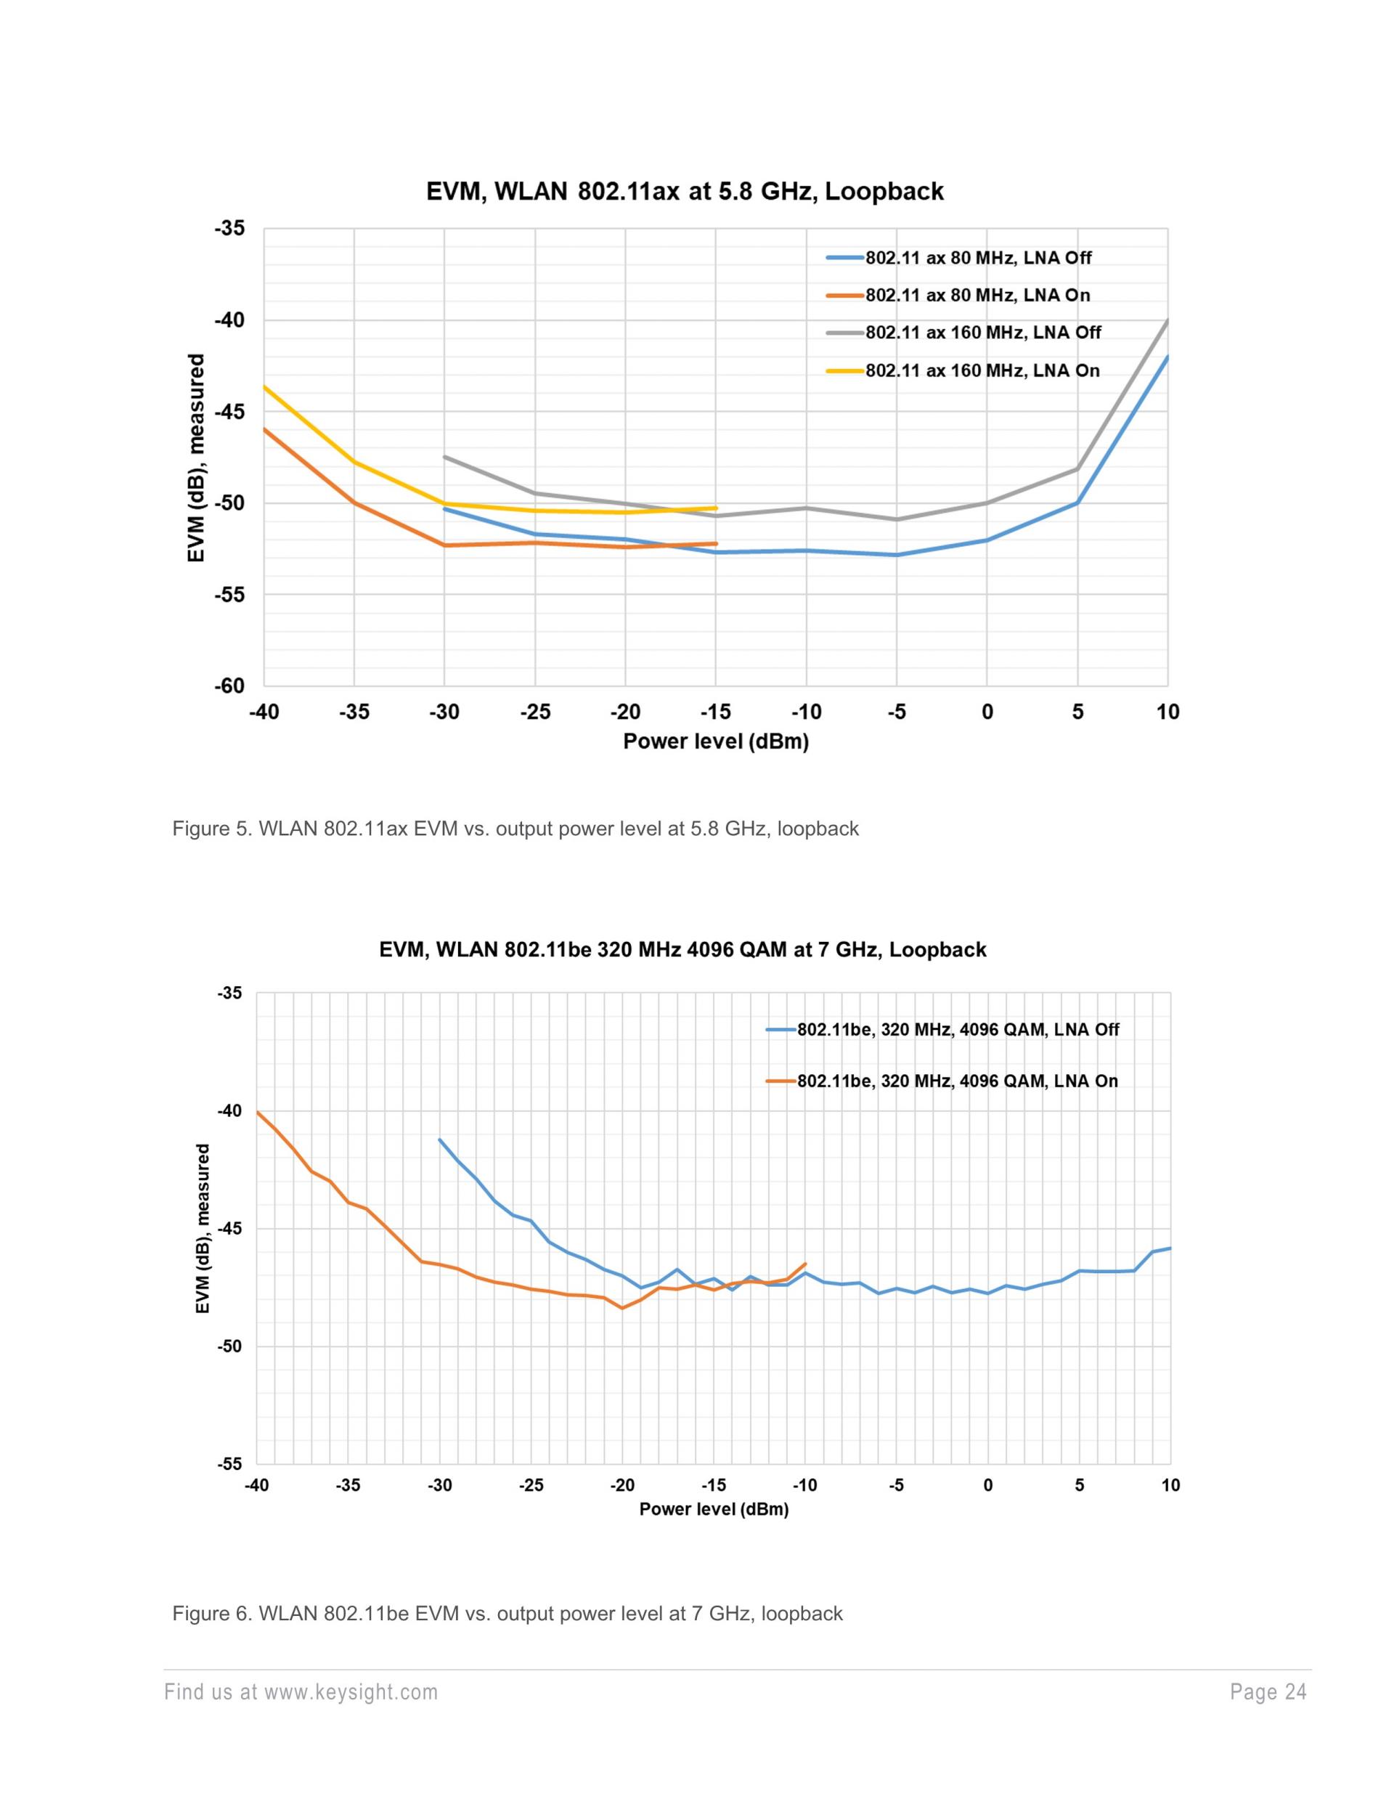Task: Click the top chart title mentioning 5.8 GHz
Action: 685,192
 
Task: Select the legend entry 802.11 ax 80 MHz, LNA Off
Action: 978,258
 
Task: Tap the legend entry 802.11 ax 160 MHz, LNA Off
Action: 983,333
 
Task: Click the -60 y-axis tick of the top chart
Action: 229,686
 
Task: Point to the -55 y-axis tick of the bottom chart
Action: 229,1465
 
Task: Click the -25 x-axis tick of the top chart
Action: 534,712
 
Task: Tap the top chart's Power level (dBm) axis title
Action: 715,741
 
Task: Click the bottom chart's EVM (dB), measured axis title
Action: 203,1228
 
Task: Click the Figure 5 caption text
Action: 515,829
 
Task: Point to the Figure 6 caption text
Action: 507,1614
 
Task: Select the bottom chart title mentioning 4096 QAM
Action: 682,950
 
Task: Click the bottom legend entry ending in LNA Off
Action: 957,1030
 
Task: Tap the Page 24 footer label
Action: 1268,1692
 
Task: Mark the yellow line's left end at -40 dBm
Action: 265,386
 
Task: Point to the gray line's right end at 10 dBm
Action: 1167,320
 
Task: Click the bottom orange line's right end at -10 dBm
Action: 805,1264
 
